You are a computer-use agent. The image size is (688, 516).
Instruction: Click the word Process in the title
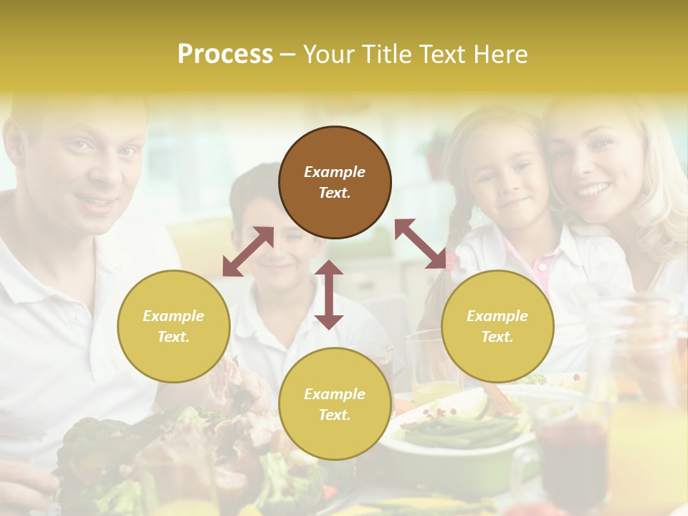click(225, 54)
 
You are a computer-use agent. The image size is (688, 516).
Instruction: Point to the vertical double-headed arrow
click(329, 295)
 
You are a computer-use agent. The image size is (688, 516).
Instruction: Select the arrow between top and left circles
click(248, 252)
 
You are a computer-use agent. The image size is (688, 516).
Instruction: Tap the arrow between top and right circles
click(421, 244)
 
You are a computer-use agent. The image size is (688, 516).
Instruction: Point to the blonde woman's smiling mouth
click(593, 190)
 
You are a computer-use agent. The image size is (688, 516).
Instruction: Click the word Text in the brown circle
click(335, 193)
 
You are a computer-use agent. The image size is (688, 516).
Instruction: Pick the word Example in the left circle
click(173, 316)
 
